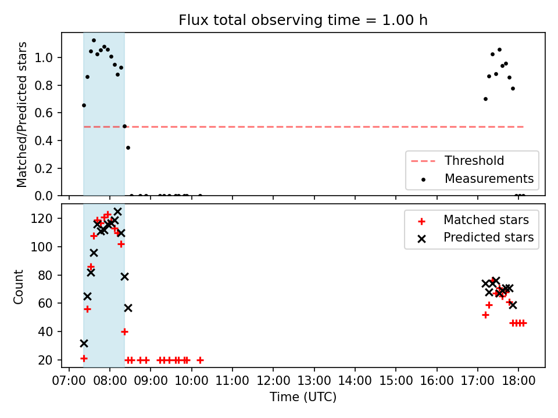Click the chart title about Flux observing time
click(303, 20)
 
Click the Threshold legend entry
click(457, 161)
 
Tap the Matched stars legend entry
click(473, 220)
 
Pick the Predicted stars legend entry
click(475, 237)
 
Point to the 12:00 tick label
click(273, 381)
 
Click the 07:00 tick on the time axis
click(69, 381)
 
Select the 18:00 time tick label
click(518, 381)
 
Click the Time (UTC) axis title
click(303, 397)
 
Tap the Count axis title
click(18, 286)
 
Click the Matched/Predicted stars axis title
click(22, 114)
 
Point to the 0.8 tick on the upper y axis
click(44, 85)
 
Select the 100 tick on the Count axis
click(41, 247)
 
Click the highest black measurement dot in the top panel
click(94, 41)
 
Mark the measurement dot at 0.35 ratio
click(128, 148)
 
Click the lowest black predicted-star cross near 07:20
click(84, 343)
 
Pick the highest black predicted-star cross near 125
click(117, 212)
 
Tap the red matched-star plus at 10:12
click(200, 360)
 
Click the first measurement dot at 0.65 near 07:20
click(84, 105)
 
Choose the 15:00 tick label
click(396, 381)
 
